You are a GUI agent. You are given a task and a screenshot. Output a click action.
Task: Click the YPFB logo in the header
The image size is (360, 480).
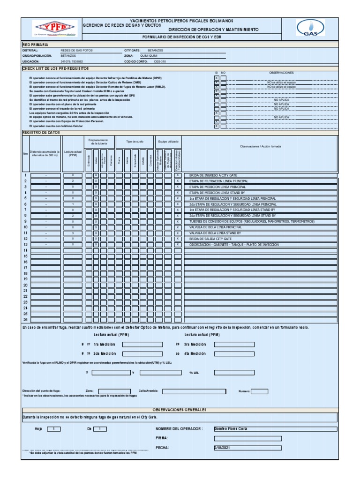tap(52, 29)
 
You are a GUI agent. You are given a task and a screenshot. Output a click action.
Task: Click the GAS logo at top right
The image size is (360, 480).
tap(310, 28)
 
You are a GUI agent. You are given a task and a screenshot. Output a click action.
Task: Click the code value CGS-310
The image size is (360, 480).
tap(160, 61)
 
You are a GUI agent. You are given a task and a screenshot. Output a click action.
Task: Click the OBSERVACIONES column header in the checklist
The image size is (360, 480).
tap(281, 73)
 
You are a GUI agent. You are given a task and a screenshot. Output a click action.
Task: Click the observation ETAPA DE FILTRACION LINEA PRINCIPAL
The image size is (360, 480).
tap(218, 181)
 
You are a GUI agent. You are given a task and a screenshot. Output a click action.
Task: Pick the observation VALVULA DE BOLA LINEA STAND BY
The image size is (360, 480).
tap(215, 233)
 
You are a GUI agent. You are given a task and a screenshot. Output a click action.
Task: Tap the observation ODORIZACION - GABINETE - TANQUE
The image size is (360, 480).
tap(234, 245)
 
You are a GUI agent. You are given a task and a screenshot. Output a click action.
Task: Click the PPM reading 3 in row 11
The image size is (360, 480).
tap(73, 233)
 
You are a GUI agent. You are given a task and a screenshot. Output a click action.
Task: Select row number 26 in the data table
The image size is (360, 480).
tap(25, 320)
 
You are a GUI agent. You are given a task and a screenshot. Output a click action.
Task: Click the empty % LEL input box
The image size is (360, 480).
tap(234, 373)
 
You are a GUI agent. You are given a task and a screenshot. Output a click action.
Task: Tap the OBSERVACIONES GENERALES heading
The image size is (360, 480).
tap(180, 410)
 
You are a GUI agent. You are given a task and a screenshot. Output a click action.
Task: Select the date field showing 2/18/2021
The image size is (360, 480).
tap(247, 448)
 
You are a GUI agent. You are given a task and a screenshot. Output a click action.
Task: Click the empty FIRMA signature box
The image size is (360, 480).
tap(247, 438)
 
